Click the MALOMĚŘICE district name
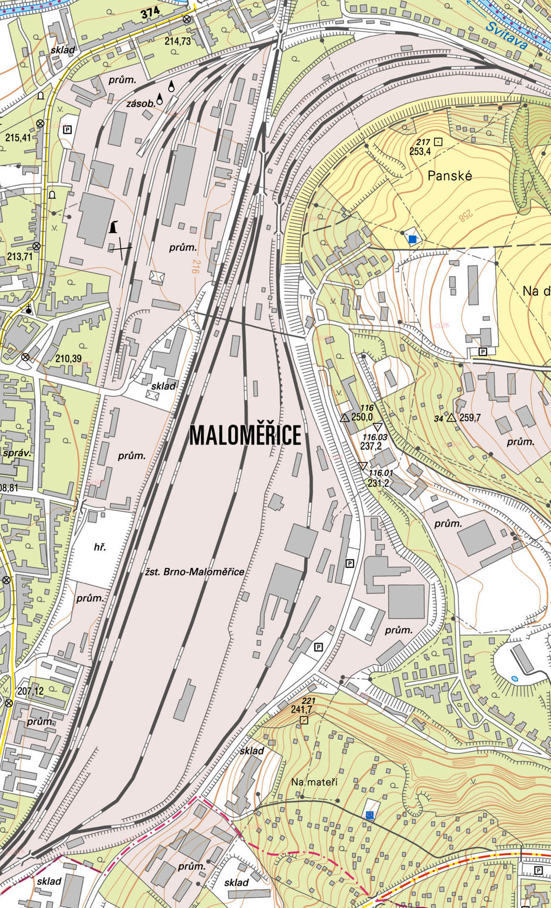(x=245, y=436)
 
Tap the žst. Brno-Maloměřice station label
(x=194, y=572)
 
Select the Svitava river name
(x=506, y=36)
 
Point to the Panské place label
(x=450, y=176)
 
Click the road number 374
(x=150, y=13)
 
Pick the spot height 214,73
(x=177, y=41)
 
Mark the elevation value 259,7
(x=470, y=418)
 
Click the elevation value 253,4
(x=420, y=151)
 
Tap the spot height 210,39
(x=68, y=358)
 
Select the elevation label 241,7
(x=301, y=709)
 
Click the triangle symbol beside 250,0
(x=345, y=418)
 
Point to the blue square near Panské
(x=412, y=239)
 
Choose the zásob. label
(x=141, y=104)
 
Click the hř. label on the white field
(x=99, y=546)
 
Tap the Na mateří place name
(x=314, y=782)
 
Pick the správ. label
(x=17, y=453)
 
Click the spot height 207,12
(x=30, y=691)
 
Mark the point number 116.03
(x=374, y=437)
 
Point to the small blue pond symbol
(x=515, y=678)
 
